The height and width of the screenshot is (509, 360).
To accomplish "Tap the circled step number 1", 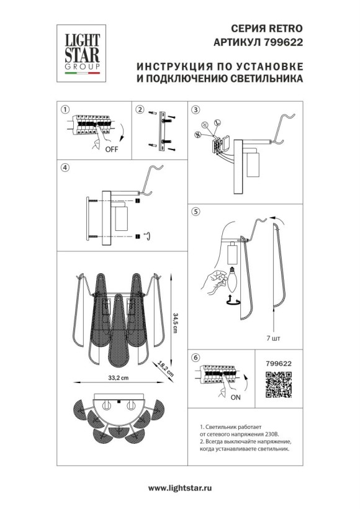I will click(x=64, y=110).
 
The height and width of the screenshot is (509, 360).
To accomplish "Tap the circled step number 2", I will click(x=140, y=110).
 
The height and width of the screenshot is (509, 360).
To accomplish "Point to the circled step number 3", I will click(x=196, y=110).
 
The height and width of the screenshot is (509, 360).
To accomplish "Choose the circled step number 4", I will click(x=64, y=168).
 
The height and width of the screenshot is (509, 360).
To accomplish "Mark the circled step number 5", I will click(x=196, y=212).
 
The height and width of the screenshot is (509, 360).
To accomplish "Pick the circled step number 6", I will click(x=196, y=358).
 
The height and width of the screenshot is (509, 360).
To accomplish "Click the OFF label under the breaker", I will click(x=112, y=150).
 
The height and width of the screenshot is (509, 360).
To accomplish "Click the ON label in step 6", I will click(x=235, y=397).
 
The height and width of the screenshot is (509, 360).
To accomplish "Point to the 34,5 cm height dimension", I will click(x=176, y=324).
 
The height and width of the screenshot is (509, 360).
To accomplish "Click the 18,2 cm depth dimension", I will click(x=164, y=368).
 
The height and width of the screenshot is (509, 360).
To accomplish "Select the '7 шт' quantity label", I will click(x=272, y=339).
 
